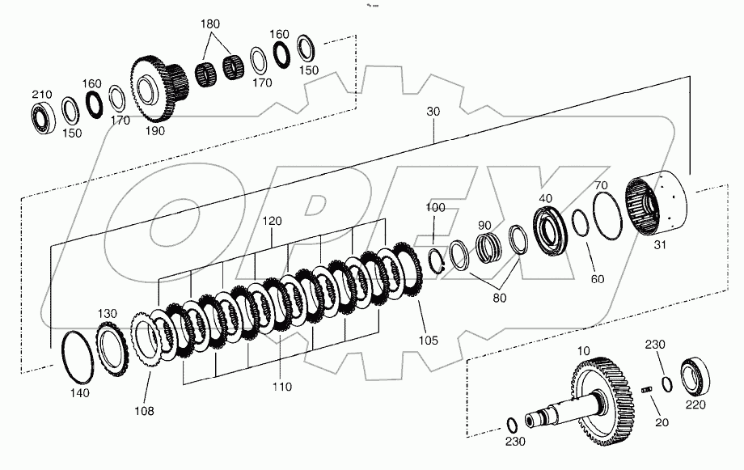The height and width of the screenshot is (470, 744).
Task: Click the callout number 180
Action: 210,24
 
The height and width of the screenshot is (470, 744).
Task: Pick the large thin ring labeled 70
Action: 606,216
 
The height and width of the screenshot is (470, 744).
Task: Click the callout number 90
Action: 484,225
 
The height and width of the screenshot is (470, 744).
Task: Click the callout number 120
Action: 272,220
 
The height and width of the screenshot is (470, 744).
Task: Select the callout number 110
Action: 281,387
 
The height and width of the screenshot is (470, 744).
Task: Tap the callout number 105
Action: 429,341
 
